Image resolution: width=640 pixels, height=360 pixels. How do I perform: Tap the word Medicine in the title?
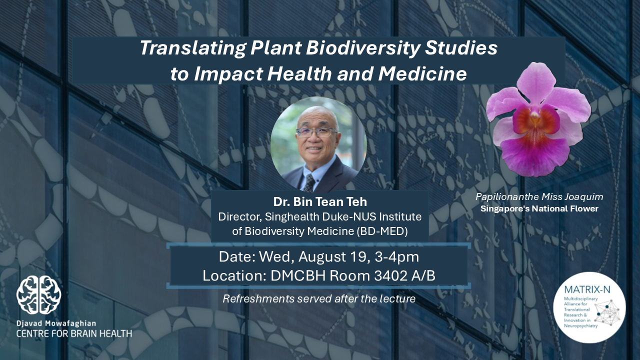click(x=422, y=74)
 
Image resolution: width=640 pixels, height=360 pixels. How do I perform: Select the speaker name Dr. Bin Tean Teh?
click(x=320, y=201)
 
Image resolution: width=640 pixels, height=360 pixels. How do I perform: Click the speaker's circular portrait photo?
click(x=318, y=145)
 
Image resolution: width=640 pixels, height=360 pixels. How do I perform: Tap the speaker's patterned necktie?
click(x=309, y=183)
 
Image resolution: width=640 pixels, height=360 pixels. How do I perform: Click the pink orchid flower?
click(x=538, y=119)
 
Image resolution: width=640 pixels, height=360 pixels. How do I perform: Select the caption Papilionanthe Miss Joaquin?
click(x=539, y=196)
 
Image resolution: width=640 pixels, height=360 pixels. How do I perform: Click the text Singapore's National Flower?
click(x=539, y=209)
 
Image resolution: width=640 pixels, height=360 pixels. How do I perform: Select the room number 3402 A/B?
click(x=405, y=275)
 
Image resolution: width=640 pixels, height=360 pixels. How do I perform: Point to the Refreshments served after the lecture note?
click(x=319, y=298)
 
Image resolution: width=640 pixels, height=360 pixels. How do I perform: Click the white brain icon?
click(x=38, y=295)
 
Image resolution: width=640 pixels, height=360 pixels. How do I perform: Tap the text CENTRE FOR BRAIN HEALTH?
click(x=74, y=333)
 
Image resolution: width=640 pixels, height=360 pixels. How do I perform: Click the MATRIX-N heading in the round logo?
click(x=587, y=289)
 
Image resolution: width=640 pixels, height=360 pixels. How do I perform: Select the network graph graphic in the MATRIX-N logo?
click(x=607, y=312)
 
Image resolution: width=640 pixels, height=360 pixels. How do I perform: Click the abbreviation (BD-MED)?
click(x=382, y=231)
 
